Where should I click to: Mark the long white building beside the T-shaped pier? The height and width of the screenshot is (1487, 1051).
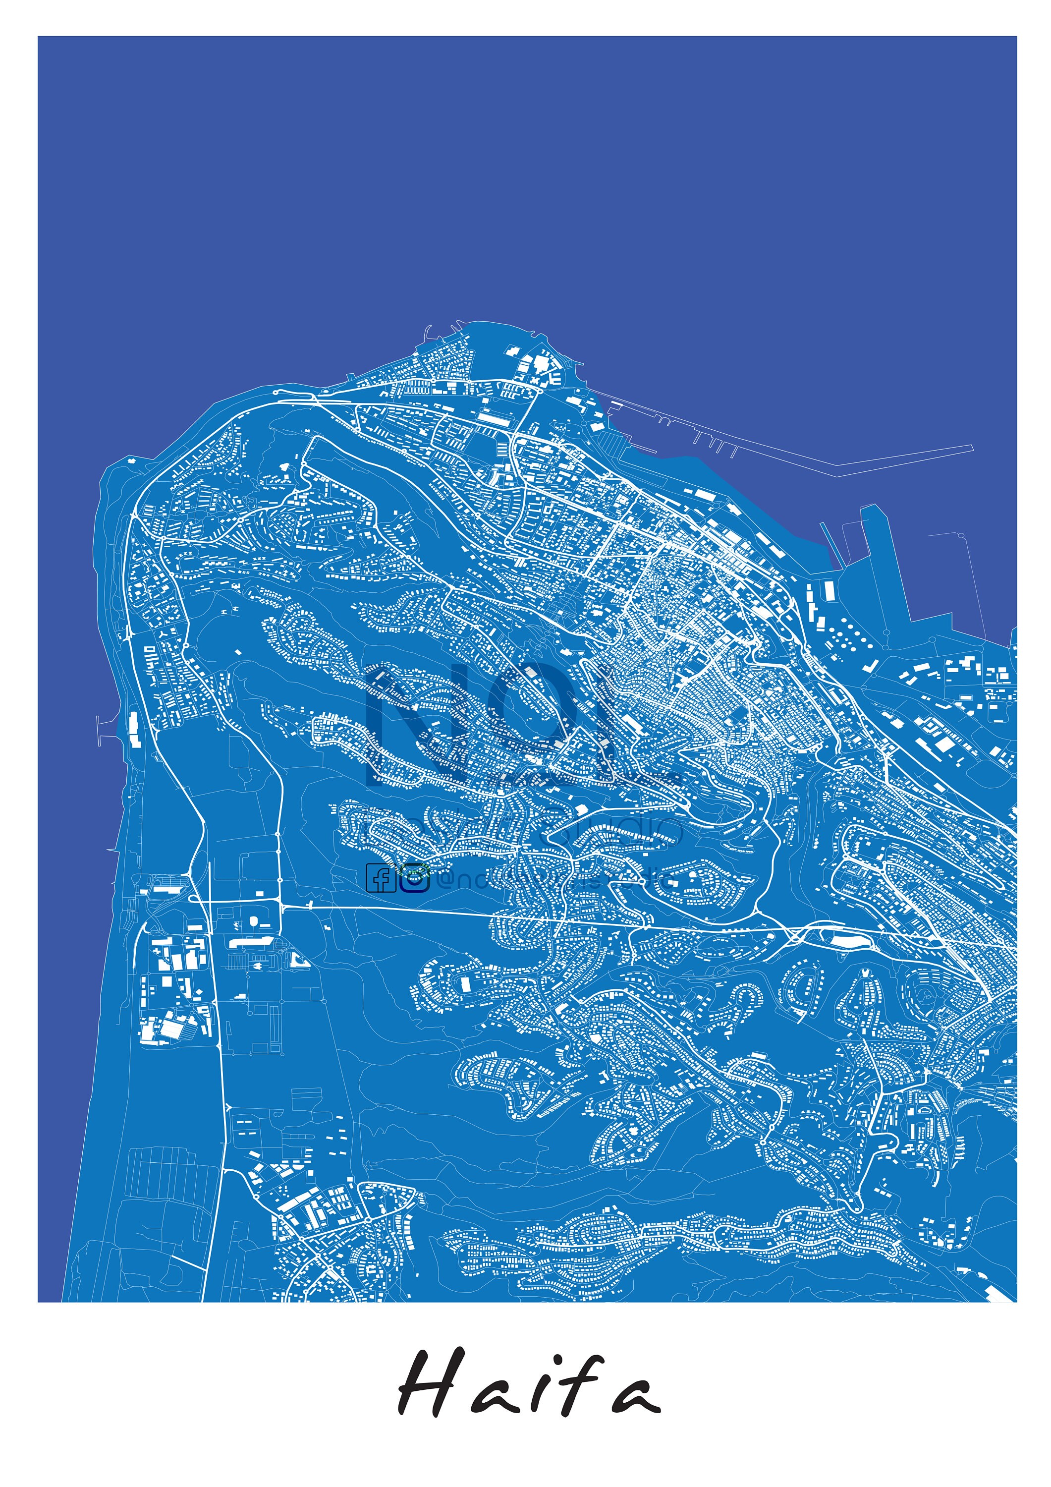pos(135,729)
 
